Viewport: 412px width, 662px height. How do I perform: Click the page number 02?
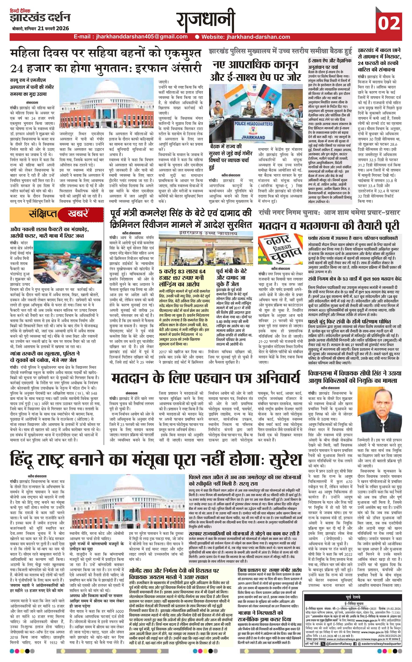[x=389, y=23]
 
